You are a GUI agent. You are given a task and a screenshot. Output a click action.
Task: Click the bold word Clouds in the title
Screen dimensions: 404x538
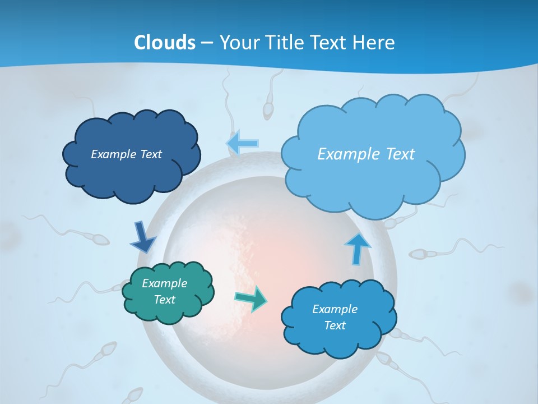[x=165, y=42]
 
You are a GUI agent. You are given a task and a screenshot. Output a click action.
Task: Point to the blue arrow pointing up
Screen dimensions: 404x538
[x=356, y=247]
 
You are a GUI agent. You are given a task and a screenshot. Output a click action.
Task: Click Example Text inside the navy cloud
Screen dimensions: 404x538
[x=126, y=154]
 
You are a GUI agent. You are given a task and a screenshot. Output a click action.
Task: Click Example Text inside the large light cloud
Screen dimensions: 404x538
[x=366, y=154]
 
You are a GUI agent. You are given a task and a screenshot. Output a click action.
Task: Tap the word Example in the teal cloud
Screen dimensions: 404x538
[x=164, y=283]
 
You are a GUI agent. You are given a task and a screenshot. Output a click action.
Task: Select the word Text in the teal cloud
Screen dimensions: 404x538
[x=164, y=300]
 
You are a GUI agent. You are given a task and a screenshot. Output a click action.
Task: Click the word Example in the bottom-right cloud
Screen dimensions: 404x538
[x=335, y=309]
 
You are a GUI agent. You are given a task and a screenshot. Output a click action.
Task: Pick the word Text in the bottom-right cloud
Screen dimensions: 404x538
[x=335, y=325]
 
